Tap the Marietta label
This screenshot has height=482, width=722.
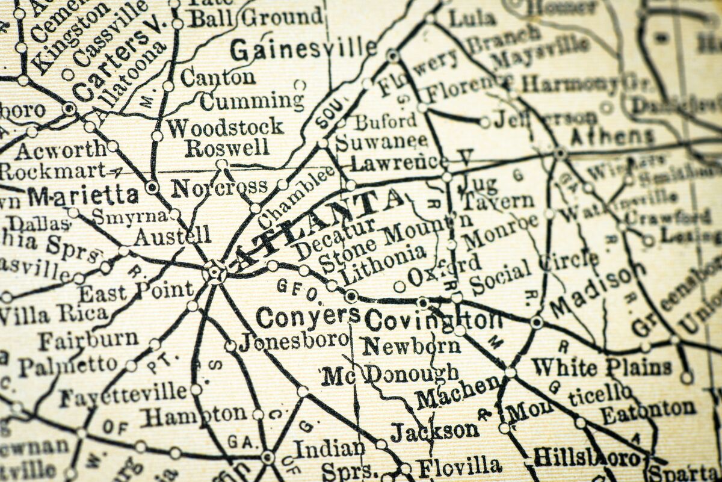[83, 196]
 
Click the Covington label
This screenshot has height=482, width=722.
[433, 321]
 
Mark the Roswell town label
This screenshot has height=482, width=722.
[227, 147]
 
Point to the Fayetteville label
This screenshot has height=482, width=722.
[123, 395]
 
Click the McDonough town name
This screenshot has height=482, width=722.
[390, 375]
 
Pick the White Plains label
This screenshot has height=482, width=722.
[601, 366]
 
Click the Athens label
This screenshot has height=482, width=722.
[611, 137]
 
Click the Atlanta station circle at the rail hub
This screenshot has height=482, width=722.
[214, 271]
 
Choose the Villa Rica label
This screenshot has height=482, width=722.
[54, 314]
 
